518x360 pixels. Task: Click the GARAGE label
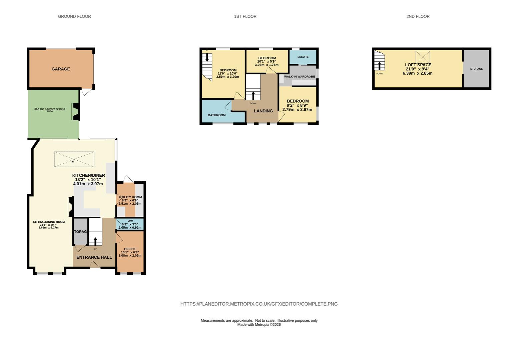point(61,69)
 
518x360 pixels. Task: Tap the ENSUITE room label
point(303,57)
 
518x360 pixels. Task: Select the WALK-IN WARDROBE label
point(300,76)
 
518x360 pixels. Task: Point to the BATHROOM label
point(217,115)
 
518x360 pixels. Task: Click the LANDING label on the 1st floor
point(264,111)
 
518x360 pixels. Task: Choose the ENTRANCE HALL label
point(94,257)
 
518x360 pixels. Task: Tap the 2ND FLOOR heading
point(418,16)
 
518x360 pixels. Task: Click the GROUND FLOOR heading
point(74,16)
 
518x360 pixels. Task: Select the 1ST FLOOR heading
point(245,16)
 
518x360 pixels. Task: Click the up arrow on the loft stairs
point(379,66)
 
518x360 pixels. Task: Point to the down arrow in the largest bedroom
point(207,57)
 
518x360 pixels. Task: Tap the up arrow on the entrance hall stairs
point(95,241)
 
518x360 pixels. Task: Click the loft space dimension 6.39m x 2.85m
point(417,73)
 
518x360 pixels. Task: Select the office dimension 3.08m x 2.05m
point(130,256)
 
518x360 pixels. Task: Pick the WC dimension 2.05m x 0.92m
point(130,228)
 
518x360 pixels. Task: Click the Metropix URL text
point(259,304)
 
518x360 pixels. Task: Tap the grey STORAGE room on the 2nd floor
point(476,69)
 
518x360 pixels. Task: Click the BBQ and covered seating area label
point(50,110)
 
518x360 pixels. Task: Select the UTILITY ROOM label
point(130,197)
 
